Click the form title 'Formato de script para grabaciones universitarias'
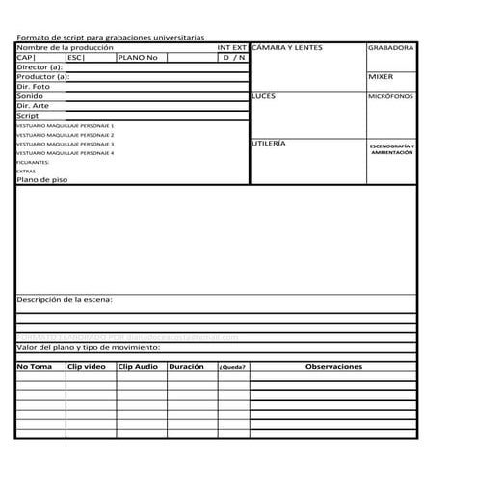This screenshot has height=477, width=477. click(x=110, y=37)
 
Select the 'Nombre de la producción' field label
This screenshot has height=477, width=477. click(x=65, y=47)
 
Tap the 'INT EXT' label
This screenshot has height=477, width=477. click(x=231, y=47)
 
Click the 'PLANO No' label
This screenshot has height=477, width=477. click(x=137, y=58)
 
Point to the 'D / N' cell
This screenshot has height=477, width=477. click(x=233, y=58)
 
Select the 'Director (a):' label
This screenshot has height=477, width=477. click(x=40, y=67)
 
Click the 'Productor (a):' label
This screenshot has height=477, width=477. click(x=43, y=77)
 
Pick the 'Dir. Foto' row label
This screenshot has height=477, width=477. click(x=34, y=87)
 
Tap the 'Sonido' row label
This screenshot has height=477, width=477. click(x=30, y=96)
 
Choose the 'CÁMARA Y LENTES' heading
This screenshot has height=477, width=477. click(x=286, y=47)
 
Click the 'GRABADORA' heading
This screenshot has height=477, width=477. click(x=390, y=47)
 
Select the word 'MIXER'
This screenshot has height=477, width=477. click(x=381, y=76)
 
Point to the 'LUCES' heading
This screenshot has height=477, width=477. click(x=263, y=97)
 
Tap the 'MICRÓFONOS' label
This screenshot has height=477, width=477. click(x=390, y=97)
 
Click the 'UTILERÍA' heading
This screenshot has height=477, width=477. click(x=268, y=143)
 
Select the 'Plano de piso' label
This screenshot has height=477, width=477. click(x=42, y=179)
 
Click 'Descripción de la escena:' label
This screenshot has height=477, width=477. click(x=65, y=300)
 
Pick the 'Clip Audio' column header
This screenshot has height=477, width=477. click(x=138, y=367)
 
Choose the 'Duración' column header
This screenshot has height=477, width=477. click(x=186, y=367)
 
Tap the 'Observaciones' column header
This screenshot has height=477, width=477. click(x=333, y=367)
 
